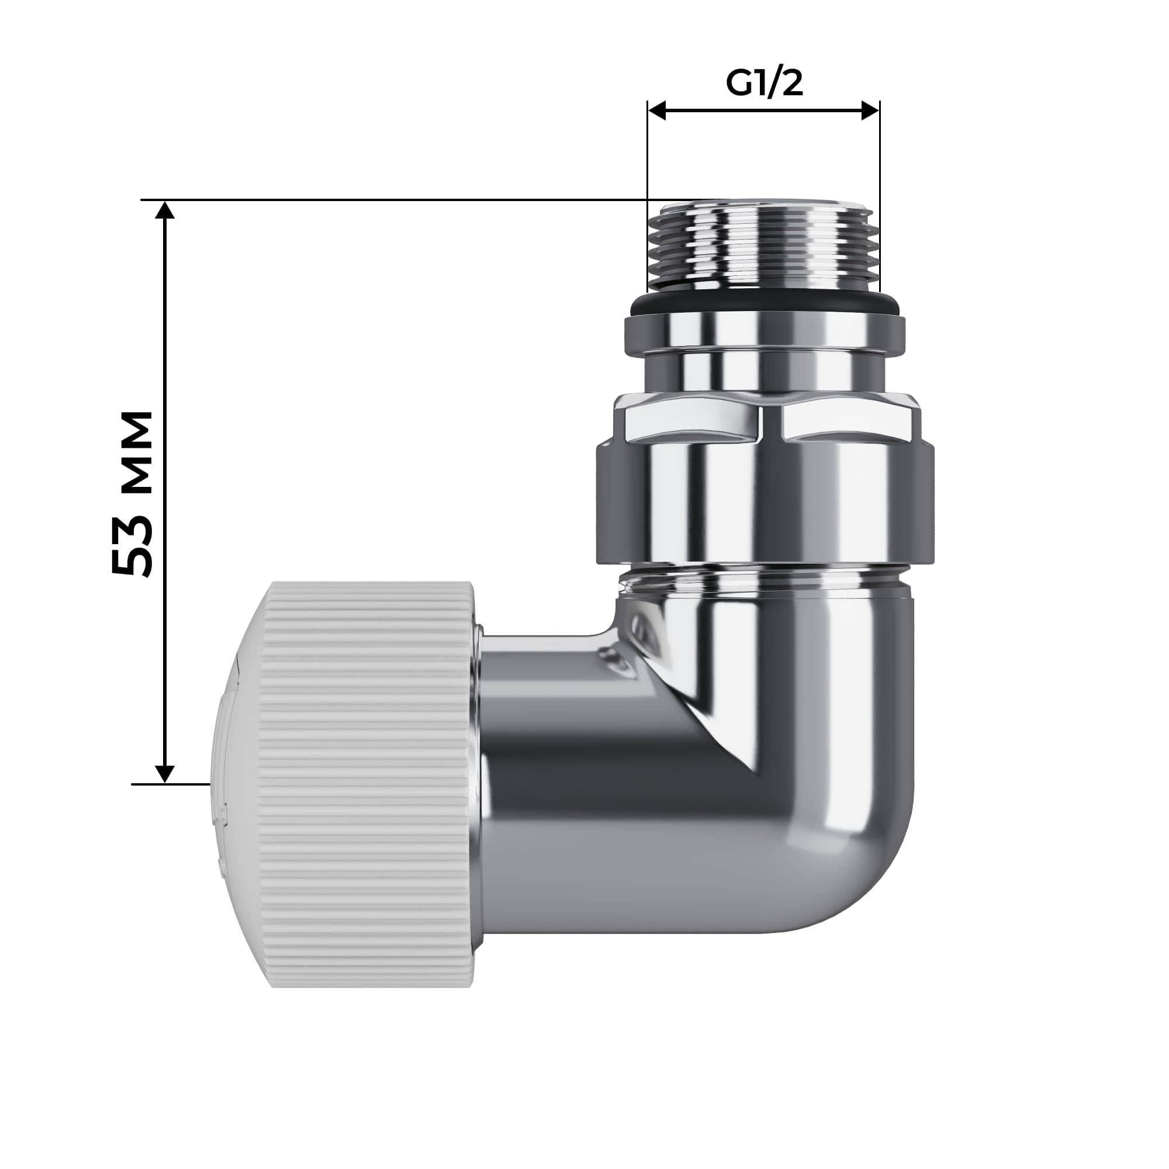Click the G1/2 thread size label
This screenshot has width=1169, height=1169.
pyautogui.click(x=764, y=84)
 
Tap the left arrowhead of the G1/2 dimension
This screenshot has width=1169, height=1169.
pyautogui.click(x=657, y=110)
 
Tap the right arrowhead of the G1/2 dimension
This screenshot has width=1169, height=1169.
pyautogui.click(x=870, y=110)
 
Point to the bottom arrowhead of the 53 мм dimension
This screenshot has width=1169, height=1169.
pyautogui.click(x=165, y=773)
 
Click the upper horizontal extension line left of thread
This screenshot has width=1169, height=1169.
pyautogui.click(x=393, y=200)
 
